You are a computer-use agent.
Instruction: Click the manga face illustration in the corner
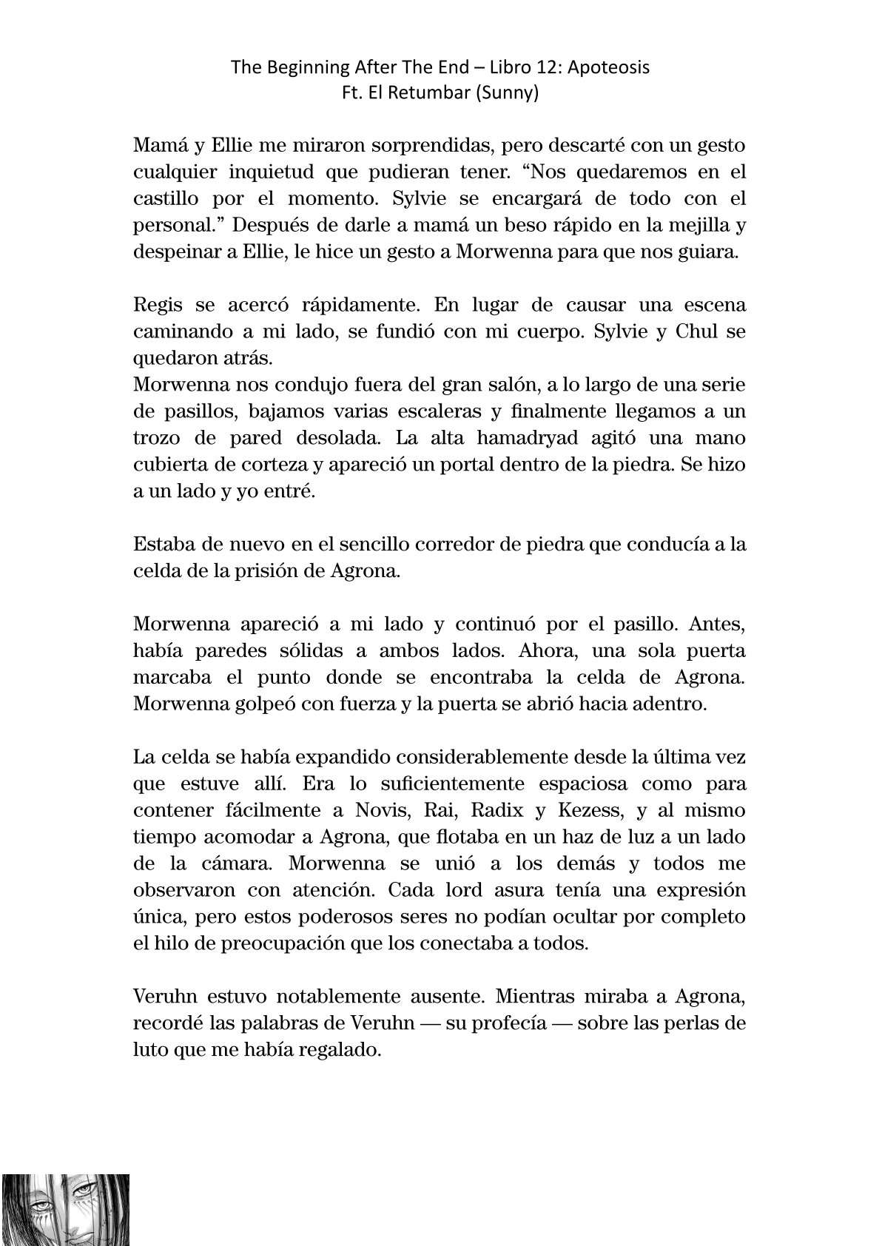point(65,1209)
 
